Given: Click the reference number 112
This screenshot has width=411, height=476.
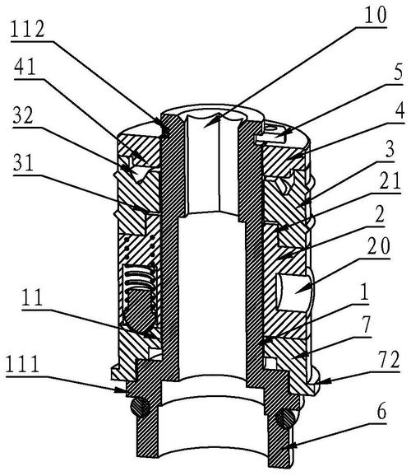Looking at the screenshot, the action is (x=28, y=30).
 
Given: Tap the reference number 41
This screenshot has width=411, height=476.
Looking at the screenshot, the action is (x=25, y=67).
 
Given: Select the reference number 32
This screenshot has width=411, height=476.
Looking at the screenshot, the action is (x=23, y=114).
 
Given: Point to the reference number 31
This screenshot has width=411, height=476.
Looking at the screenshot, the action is (x=23, y=163).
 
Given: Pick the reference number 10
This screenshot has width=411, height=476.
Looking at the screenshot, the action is (x=376, y=15).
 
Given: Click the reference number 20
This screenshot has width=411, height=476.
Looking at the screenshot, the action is (x=378, y=246).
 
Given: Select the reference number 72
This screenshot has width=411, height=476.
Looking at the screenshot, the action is (x=389, y=360).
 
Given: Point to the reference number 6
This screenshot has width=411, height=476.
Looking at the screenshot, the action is (x=381, y=412).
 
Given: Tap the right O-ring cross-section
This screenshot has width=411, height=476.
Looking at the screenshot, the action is (x=285, y=418).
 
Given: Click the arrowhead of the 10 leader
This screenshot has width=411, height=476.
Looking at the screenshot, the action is (x=209, y=122).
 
